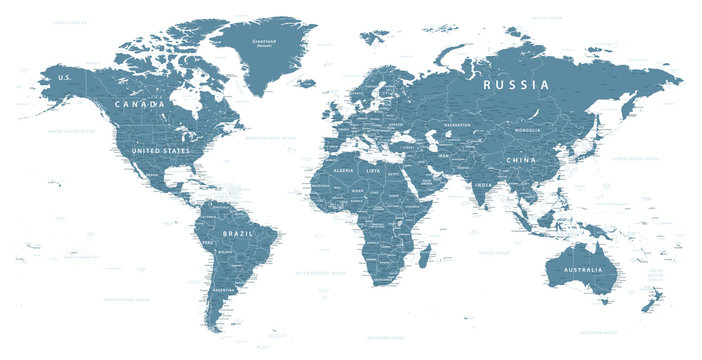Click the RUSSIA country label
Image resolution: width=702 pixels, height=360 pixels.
[516, 86]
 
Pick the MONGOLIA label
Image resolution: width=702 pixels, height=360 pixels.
[526, 130]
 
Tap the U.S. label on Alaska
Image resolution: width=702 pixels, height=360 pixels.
[65, 77]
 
